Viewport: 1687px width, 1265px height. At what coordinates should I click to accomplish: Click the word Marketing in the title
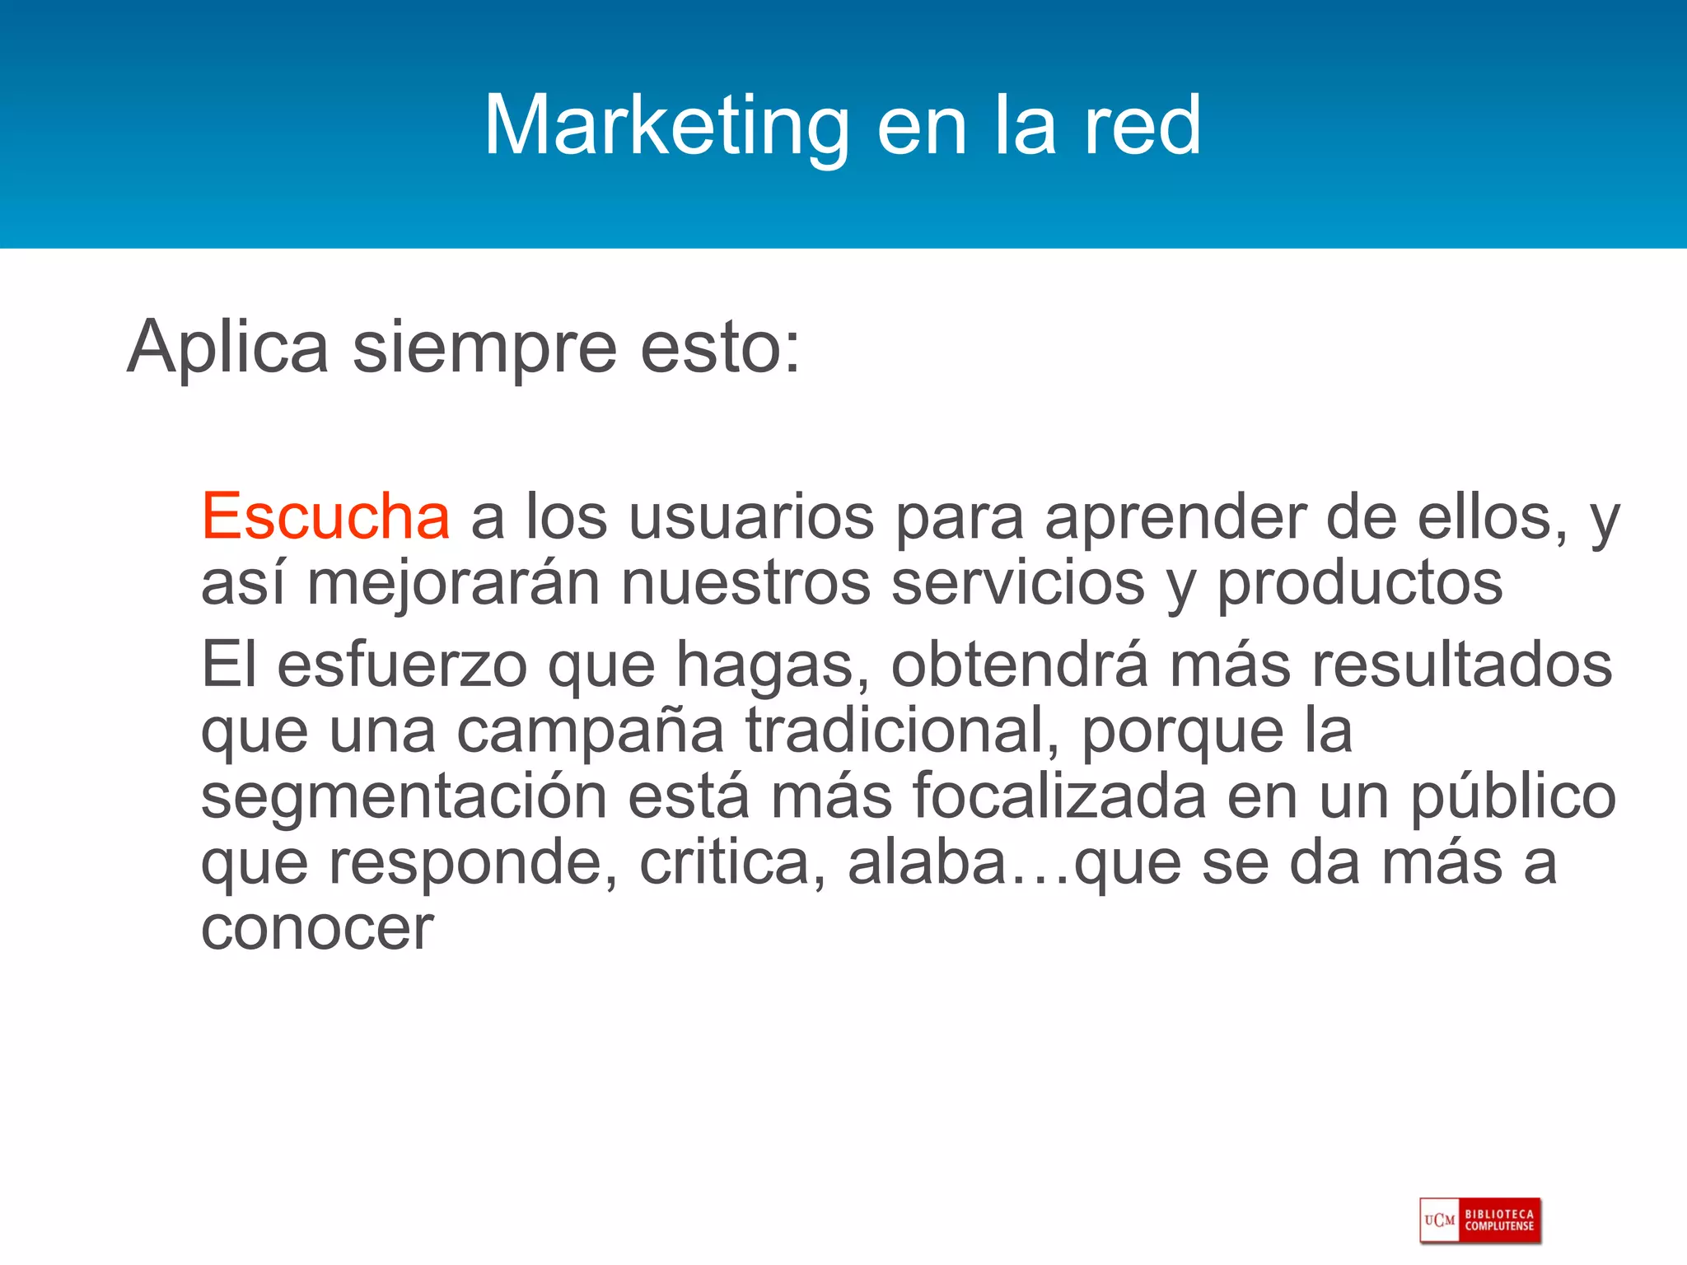tap(666, 125)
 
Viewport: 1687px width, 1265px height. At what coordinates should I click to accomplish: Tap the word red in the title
tap(1142, 125)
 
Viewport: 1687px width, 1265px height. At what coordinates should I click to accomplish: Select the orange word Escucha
tap(325, 517)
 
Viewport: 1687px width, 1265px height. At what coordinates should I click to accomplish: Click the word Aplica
tap(228, 348)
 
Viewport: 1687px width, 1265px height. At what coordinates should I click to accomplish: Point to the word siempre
tap(484, 348)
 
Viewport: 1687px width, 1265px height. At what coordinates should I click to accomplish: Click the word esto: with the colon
tap(720, 348)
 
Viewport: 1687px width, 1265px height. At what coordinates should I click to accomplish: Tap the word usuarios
tap(751, 517)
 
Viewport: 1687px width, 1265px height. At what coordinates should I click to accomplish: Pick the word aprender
tap(1175, 517)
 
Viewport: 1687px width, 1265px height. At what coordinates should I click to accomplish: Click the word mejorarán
tap(453, 583)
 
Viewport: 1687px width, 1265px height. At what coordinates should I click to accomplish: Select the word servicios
tap(1018, 583)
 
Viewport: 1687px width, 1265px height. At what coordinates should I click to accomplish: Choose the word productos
tap(1360, 583)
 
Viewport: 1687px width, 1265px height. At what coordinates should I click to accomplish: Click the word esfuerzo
tap(402, 665)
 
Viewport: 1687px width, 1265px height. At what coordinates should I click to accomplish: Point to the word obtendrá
tap(1019, 665)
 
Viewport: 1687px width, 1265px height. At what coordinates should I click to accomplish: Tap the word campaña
tap(590, 731)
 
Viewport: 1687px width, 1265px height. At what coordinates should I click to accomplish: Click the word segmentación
tap(404, 797)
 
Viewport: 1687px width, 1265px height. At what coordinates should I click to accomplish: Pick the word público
tap(1513, 797)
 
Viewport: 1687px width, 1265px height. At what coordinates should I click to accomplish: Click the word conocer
tap(317, 929)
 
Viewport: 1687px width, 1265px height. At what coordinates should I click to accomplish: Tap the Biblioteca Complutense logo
tap(1480, 1220)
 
